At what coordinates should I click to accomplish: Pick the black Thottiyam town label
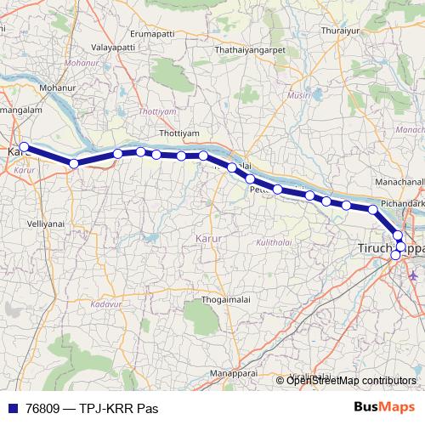click(x=178, y=134)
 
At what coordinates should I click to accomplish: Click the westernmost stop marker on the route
click(x=25, y=147)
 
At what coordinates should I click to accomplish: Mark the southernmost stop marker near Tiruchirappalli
click(x=395, y=255)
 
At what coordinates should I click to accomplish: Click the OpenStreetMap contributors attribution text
click(x=351, y=380)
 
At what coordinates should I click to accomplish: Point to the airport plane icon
click(x=413, y=275)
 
